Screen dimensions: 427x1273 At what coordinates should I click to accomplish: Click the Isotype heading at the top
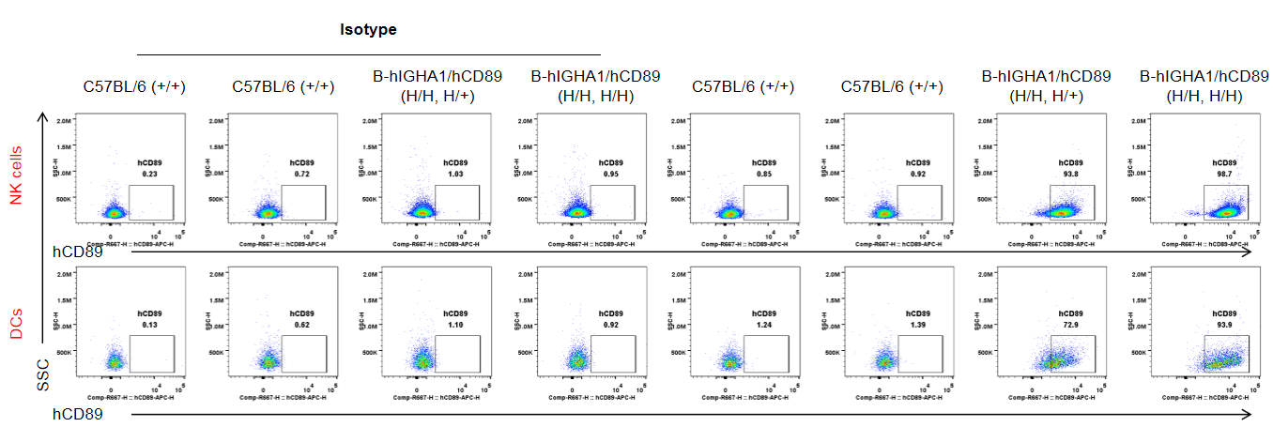click(x=368, y=30)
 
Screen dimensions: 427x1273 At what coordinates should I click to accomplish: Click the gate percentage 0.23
click(x=148, y=173)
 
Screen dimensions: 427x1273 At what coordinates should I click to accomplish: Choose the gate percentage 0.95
click(x=611, y=174)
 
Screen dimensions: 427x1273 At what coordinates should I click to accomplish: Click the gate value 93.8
click(x=1071, y=173)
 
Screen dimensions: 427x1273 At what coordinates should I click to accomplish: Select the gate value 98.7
click(x=1225, y=173)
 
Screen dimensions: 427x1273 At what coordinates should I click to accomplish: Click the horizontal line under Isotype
click(x=368, y=54)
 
